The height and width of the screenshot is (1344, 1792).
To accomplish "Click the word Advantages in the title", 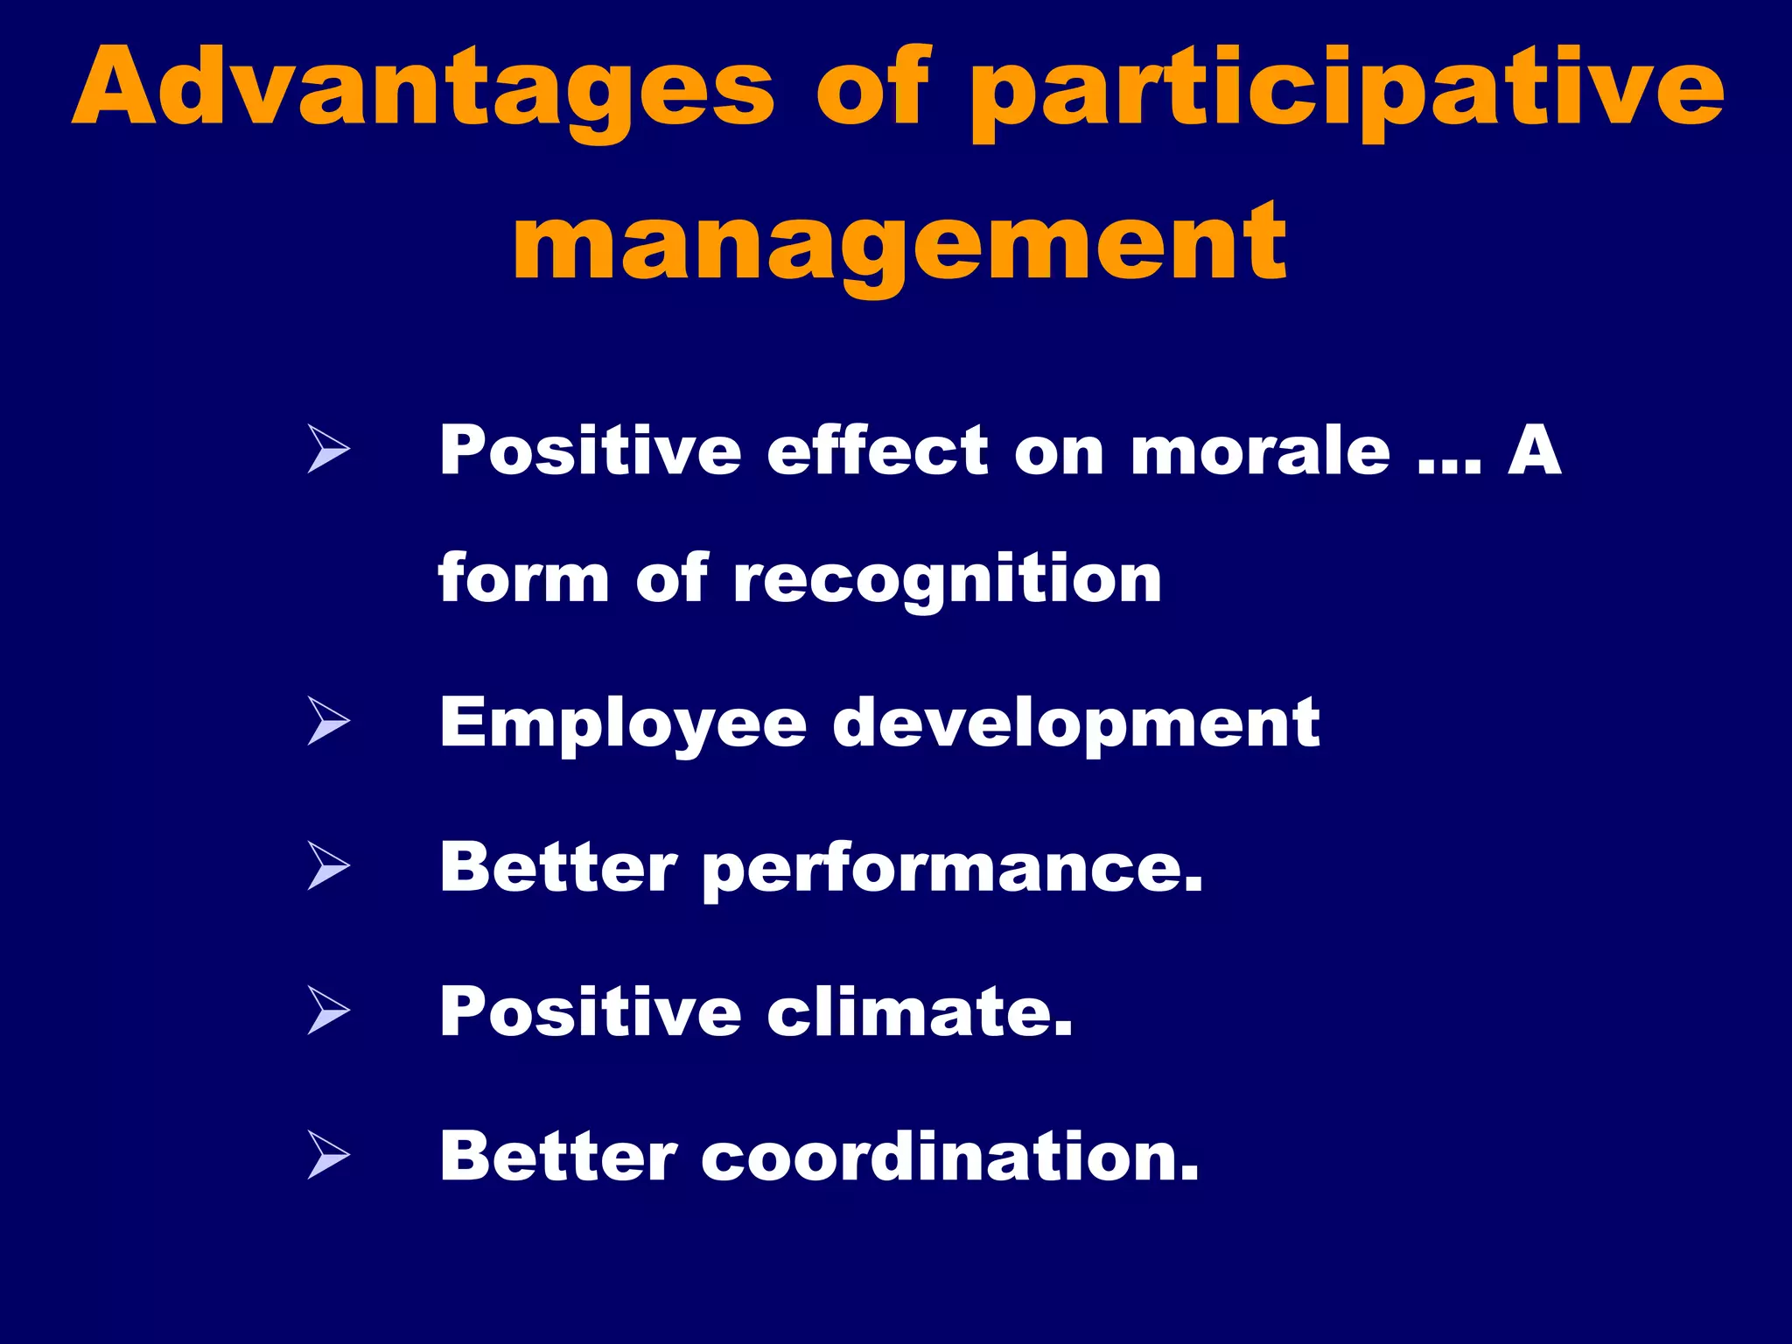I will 423,87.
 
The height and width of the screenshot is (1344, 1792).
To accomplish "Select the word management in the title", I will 899,241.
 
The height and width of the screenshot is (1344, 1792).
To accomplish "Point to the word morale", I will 1260,451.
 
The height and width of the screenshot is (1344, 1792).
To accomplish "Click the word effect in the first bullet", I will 878,451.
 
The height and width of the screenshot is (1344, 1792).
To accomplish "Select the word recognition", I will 947,581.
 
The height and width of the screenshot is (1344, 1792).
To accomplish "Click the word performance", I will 952,870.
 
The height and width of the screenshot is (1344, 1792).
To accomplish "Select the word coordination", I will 949,1157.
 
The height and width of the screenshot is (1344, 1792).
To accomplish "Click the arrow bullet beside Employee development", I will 328,722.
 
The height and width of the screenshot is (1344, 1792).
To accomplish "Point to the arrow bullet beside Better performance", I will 328,866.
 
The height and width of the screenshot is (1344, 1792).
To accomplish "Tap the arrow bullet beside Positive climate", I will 328,1011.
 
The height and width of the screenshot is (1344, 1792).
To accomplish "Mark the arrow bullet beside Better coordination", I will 328,1155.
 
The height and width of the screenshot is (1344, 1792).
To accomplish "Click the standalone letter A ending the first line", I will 1534,451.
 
